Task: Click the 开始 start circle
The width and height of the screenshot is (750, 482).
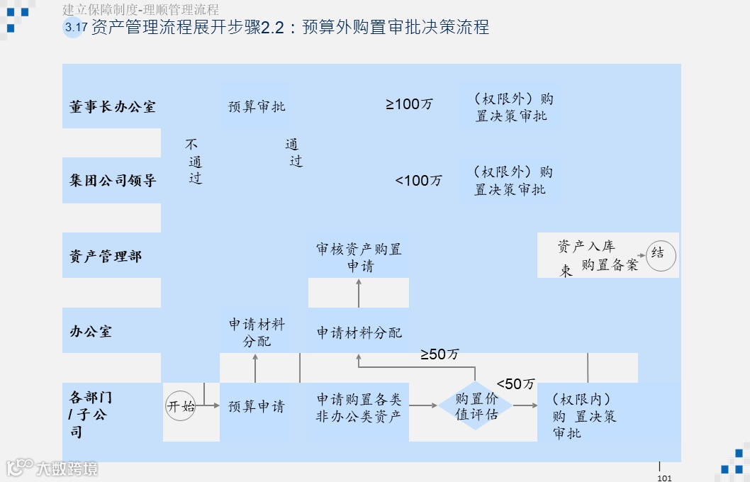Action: click(x=181, y=407)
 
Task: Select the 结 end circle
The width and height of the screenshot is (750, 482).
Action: click(x=661, y=255)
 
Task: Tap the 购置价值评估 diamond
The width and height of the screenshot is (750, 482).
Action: click(x=476, y=407)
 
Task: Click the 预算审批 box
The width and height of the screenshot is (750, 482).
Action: click(x=256, y=106)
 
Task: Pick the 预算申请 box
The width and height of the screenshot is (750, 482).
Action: click(x=256, y=407)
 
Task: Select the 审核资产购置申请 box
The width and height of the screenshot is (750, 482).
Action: click(x=359, y=258)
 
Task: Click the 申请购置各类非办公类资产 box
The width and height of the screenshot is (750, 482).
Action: click(x=359, y=408)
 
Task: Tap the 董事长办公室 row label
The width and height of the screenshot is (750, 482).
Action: click(x=113, y=107)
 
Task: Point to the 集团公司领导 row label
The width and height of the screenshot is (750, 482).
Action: click(x=113, y=181)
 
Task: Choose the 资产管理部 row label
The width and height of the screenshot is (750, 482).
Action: click(x=106, y=257)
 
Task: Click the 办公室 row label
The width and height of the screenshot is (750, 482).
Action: click(x=91, y=331)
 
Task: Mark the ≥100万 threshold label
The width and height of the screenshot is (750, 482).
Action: click(x=409, y=104)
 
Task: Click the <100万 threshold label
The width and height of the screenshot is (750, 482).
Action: click(x=418, y=181)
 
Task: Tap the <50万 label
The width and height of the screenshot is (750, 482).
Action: click(x=515, y=384)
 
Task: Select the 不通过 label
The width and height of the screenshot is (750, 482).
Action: click(x=193, y=162)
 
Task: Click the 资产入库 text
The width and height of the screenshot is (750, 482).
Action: click(x=586, y=247)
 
